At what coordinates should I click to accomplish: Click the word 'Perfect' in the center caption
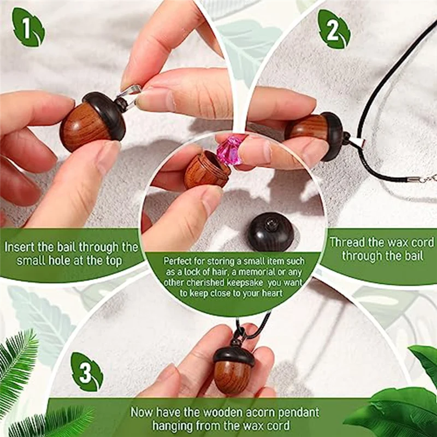click(x=178, y=261)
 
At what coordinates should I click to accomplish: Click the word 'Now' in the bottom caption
click(x=141, y=411)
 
